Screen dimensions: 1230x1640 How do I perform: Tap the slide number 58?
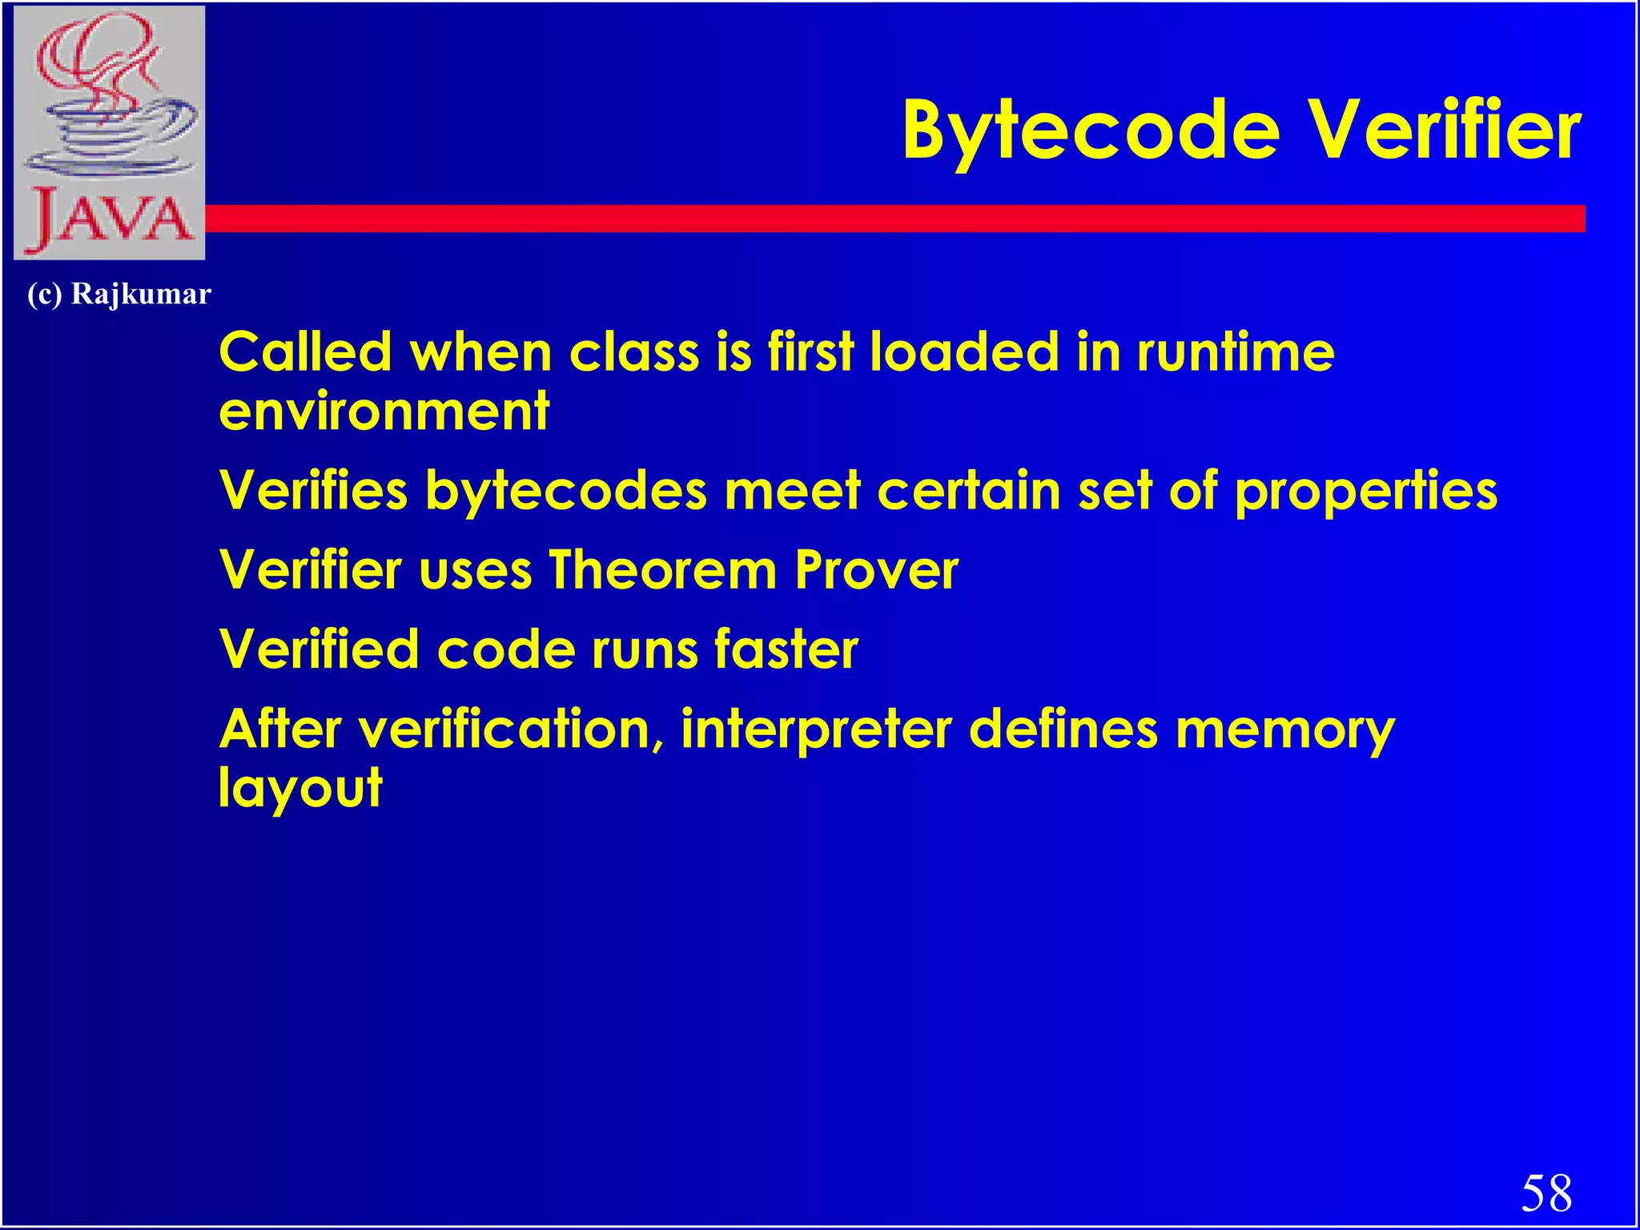point(1546,1192)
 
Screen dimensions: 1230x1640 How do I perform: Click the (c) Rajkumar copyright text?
point(119,294)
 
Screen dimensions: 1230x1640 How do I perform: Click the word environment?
point(384,412)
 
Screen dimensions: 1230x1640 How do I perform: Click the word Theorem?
point(663,570)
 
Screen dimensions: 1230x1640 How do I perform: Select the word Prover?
point(877,570)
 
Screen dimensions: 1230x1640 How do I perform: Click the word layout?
point(300,789)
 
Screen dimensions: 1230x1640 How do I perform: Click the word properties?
point(1365,492)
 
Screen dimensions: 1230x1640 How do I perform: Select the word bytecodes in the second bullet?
point(566,492)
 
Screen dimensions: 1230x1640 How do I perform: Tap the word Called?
point(305,352)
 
